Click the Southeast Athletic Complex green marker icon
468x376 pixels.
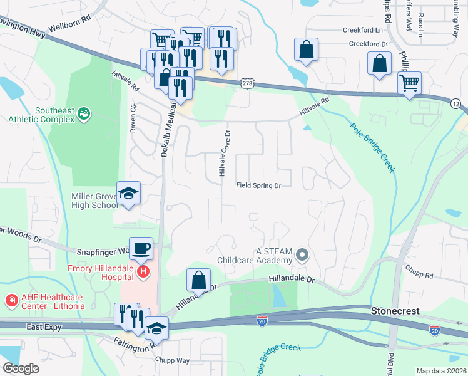tap(83, 113)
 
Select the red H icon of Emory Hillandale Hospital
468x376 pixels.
tap(143, 271)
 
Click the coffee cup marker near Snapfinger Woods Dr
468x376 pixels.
tap(141, 248)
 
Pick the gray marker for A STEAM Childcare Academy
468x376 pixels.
tap(303, 254)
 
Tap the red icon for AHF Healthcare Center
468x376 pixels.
tap(11, 301)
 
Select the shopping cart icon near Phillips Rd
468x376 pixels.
tap(409, 82)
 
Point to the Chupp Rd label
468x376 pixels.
tap(420, 274)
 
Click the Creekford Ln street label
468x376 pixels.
tap(362, 29)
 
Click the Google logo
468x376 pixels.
tap(21, 368)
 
